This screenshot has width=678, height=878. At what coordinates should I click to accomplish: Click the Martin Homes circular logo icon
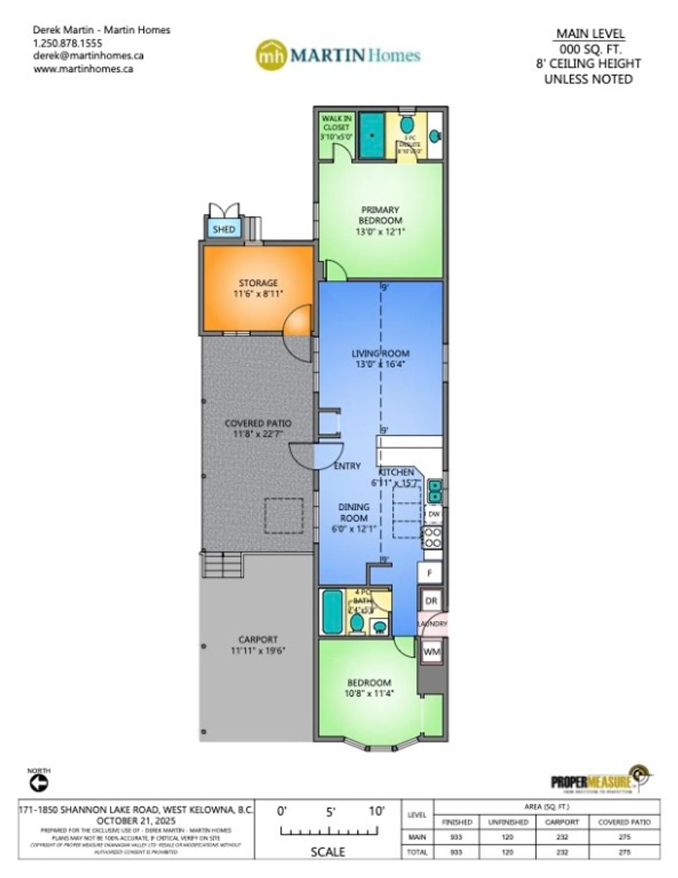tap(271, 55)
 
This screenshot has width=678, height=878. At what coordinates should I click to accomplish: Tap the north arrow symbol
tap(39, 783)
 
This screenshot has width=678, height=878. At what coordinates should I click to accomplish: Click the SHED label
tap(224, 230)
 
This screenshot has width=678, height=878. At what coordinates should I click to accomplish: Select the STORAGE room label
tap(258, 283)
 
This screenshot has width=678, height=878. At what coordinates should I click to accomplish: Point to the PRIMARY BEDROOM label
tap(380, 215)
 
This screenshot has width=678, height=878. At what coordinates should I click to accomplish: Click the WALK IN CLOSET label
tap(336, 122)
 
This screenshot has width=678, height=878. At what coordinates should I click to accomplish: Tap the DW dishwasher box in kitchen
tap(434, 514)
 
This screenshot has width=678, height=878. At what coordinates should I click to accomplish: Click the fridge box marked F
tap(430, 573)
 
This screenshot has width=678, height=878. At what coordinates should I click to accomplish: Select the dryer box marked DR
tap(431, 601)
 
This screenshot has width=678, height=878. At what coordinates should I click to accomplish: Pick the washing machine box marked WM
tap(431, 652)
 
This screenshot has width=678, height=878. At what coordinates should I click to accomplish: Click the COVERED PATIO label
tap(258, 423)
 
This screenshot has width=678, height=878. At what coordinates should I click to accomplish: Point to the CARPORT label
tap(258, 640)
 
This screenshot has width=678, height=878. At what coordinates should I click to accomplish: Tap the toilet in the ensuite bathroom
tap(407, 124)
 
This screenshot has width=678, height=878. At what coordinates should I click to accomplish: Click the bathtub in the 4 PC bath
tap(332, 612)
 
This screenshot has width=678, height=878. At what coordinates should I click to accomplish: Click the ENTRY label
tap(348, 466)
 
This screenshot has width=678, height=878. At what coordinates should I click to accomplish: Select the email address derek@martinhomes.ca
tap(88, 56)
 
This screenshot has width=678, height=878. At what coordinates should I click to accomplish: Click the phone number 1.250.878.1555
tap(68, 43)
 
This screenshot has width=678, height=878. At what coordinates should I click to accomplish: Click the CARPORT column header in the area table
tap(561, 822)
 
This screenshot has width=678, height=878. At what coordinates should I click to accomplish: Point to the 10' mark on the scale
tap(377, 811)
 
